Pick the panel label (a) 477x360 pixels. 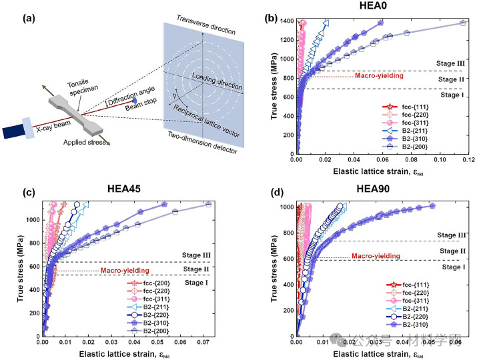click(x=14, y=11)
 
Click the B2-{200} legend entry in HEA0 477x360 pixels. click(x=420, y=146)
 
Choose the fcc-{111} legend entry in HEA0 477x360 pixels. click(x=420, y=106)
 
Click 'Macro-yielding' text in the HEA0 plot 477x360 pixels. click(x=378, y=76)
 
